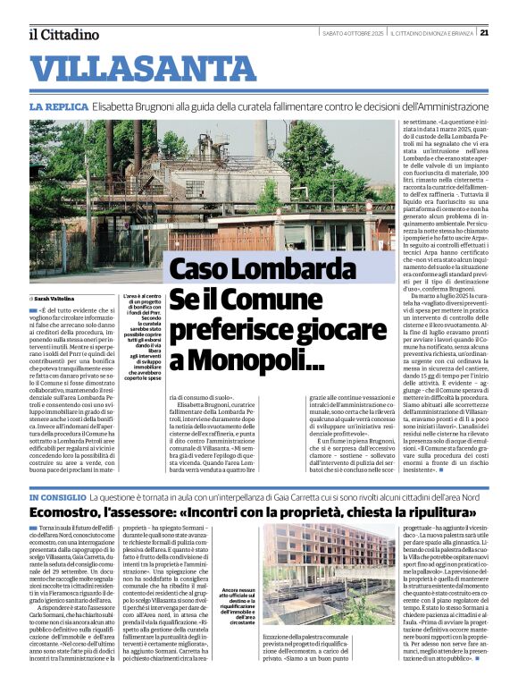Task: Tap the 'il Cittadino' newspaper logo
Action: tap(63, 35)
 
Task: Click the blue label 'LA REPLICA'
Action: tap(54, 106)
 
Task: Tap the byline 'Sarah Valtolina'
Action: tap(55, 298)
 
